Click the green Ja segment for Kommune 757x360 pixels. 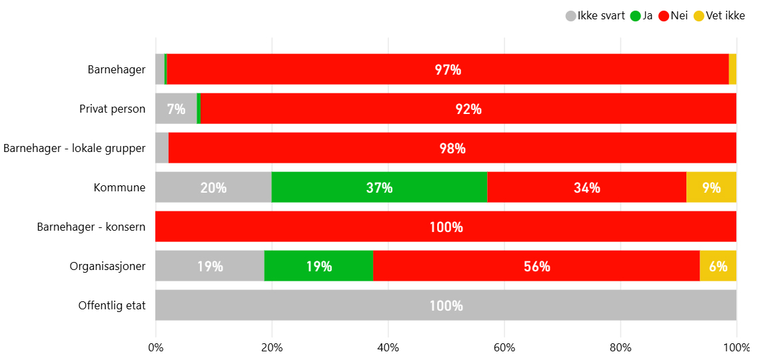(379, 187)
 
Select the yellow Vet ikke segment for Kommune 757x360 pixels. (711, 187)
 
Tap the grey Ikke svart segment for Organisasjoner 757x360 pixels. (210, 266)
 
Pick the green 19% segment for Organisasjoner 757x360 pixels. (319, 266)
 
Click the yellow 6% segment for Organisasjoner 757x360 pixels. (718, 266)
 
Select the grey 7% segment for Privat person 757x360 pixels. (176, 109)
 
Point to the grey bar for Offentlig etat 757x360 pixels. (446, 305)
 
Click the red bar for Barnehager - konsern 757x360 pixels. (446, 227)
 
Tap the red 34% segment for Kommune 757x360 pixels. (586, 187)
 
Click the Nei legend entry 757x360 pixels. (674, 16)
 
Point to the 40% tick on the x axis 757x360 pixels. (388, 347)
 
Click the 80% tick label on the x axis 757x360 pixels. (620, 347)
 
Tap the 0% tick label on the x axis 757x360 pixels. (156, 347)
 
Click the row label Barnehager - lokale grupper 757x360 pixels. (74, 148)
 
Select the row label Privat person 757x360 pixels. (112, 109)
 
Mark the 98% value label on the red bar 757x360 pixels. (452, 148)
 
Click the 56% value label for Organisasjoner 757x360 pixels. (536, 266)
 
